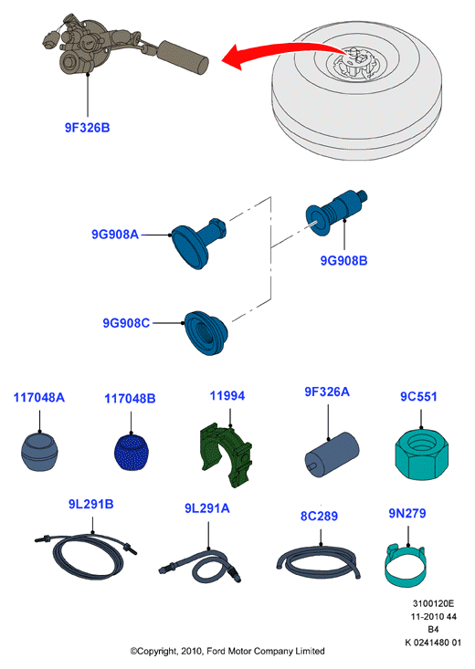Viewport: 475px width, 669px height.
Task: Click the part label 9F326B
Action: click(87, 128)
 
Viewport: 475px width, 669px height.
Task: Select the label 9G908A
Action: click(115, 235)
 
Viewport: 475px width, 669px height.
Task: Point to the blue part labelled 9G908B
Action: click(336, 211)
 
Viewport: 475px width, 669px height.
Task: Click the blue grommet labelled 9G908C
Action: click(206, 332)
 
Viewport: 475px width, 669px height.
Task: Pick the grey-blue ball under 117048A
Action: click(39, 452)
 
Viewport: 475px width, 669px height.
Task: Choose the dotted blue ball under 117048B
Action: click(131, 453)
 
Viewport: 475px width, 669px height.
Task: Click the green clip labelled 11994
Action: click(226, 455)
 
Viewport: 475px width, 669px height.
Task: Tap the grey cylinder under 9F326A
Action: click(332, 454)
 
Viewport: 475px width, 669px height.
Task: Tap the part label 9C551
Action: click(418, 397)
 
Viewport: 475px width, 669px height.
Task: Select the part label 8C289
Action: click(319, 517)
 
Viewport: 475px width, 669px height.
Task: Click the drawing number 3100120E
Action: click(433, 603)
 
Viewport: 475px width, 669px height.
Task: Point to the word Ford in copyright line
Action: click(216, 652)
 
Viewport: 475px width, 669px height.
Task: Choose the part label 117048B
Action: click(131, 399)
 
